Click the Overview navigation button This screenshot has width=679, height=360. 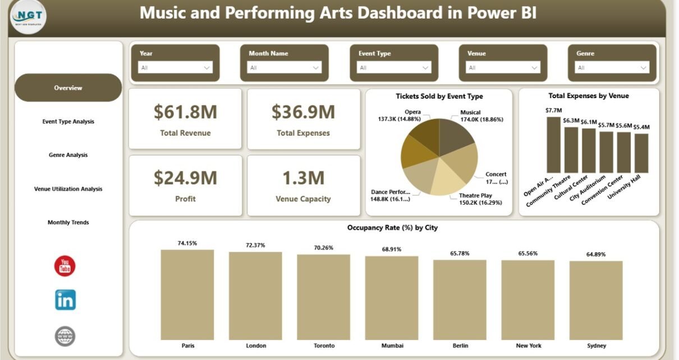click(68, 88)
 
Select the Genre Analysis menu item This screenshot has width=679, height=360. click(68, 155)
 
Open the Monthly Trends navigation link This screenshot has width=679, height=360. click(68, 223)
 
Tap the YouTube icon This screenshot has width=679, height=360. click(65, 266)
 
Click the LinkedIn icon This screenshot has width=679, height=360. click(65, 300)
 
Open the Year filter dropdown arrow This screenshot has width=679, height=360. click(206, 68)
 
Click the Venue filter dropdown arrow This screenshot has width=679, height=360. click(534, 68)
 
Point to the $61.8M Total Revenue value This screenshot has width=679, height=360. click(185, 113)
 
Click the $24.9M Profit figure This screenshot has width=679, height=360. click(185, 178)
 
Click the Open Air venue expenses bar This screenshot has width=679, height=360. click(553, 145)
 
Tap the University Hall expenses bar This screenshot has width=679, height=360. click(641, 153)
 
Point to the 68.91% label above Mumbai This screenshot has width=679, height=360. click(391, 249)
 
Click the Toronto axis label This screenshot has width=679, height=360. click(323, 345)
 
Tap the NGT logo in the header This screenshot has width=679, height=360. click(29, 17)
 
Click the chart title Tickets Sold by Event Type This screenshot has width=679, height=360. click(439, 96)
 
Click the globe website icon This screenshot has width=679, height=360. click(65, 336)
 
